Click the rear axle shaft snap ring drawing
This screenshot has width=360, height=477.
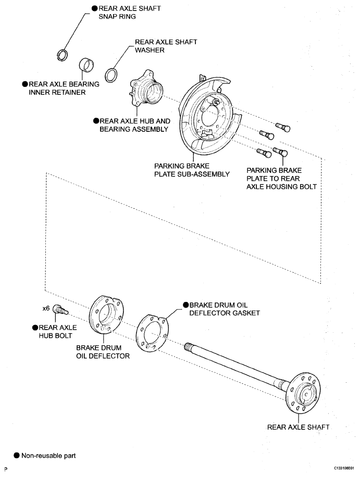pyautogui.click(x=63, y=51)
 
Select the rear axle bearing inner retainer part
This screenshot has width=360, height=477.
pyautogui.click(x=86, y=65)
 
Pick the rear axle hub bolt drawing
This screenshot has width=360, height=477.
pyautogui.click(x=61, y=310)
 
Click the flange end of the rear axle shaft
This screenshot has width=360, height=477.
pyautogui.click(x=304, y=393)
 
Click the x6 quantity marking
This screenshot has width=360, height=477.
pyautogui.click(x=46, y=308)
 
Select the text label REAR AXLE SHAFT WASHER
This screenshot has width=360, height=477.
pyautogui.click(x=166, y=46)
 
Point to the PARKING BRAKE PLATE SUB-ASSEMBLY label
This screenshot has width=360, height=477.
pyautogui.click(x=192, y=170)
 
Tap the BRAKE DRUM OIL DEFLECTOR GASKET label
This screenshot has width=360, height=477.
pyautogui.click(x=225, y=309)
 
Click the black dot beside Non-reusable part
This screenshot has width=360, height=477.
pyautogui.click(x=17, y=456)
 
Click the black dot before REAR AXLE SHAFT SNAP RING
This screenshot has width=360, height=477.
pyautogui.click(x=95, y=8)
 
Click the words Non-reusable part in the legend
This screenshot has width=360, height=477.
pyautogui.click(x=48, y=456)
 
